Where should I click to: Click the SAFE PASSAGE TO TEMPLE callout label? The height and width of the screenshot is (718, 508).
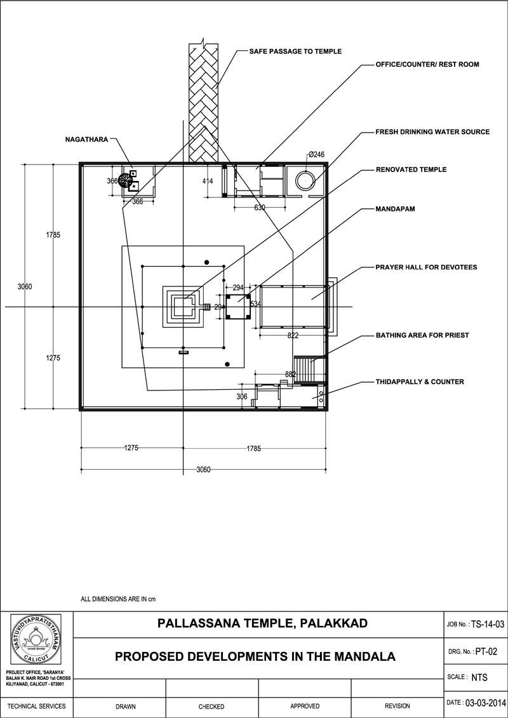295,51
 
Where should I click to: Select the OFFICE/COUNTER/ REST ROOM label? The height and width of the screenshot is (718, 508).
427,65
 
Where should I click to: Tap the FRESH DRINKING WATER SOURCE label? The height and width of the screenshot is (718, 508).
432,132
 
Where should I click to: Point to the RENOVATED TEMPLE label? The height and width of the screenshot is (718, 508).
411,170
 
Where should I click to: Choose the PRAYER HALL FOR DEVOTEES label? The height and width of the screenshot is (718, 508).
426,267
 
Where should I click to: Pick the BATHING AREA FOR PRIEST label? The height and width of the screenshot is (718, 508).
422,335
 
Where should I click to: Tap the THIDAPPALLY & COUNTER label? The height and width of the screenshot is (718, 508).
420,382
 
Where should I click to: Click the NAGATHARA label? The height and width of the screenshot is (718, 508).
86,138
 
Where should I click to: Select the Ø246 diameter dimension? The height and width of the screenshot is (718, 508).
316,154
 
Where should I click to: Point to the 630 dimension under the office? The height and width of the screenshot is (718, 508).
259,208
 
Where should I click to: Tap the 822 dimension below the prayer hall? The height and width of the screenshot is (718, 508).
293,335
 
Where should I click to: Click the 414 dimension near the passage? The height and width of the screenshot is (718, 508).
208,182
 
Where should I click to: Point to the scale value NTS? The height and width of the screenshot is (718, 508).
479,677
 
